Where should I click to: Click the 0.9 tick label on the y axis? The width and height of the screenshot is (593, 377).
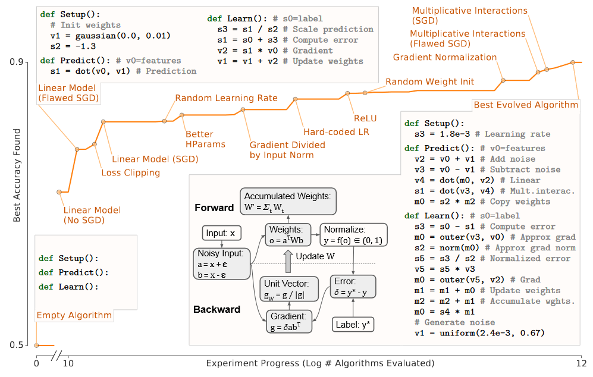(16, 62)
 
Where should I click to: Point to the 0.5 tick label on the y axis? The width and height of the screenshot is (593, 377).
(16, 345)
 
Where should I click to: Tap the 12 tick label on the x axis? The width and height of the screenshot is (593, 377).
(581, 363)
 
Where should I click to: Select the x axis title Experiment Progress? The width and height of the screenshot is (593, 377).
(320, 363)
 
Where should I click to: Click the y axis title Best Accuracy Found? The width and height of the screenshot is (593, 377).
(17, 175)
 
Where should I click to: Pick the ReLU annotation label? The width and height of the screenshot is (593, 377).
(365, 118)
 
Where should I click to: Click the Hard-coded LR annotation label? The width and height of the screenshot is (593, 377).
(336, 132)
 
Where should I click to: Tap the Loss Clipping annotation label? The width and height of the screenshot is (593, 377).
(130, 173)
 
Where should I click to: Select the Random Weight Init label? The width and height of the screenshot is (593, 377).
(429, 81)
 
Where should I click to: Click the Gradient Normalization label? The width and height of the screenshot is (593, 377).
(445, 57)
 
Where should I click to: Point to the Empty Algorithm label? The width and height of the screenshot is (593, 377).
(74, 315)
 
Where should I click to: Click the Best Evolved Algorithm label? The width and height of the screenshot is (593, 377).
(526, 105)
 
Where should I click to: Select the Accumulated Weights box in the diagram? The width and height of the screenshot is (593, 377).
(288, 202)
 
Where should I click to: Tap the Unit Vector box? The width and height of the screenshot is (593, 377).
(289, 289)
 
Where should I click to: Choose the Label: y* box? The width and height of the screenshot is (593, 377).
(353, 325)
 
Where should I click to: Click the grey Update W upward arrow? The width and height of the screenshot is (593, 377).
(288, 261)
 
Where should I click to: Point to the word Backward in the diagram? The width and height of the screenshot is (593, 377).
(217, 309)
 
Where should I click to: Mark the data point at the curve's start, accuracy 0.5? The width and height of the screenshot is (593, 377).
(37, 345)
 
